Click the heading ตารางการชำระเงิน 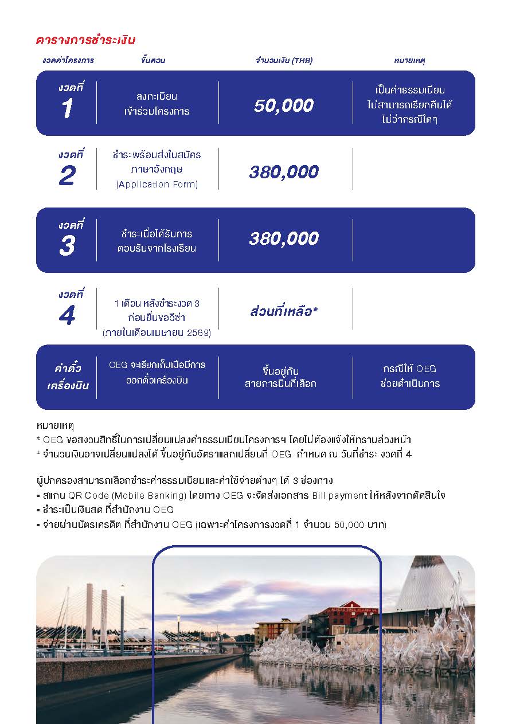[x=85, y=40]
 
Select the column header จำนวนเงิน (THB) [x=284, y=60]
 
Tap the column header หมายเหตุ [x=409, y=60]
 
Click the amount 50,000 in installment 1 [x=284, y=105]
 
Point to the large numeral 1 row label [x=67, y=109]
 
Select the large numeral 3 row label [x=67, y=246]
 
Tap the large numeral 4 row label [x=67, y=315]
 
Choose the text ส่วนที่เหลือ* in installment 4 [x=284, y=311]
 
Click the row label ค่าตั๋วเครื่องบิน [x=68, y=377]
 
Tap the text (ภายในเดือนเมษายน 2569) [x=157, y=332]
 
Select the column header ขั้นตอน [x=153, y=60]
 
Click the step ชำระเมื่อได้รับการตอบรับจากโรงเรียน [x=157, y=241]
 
